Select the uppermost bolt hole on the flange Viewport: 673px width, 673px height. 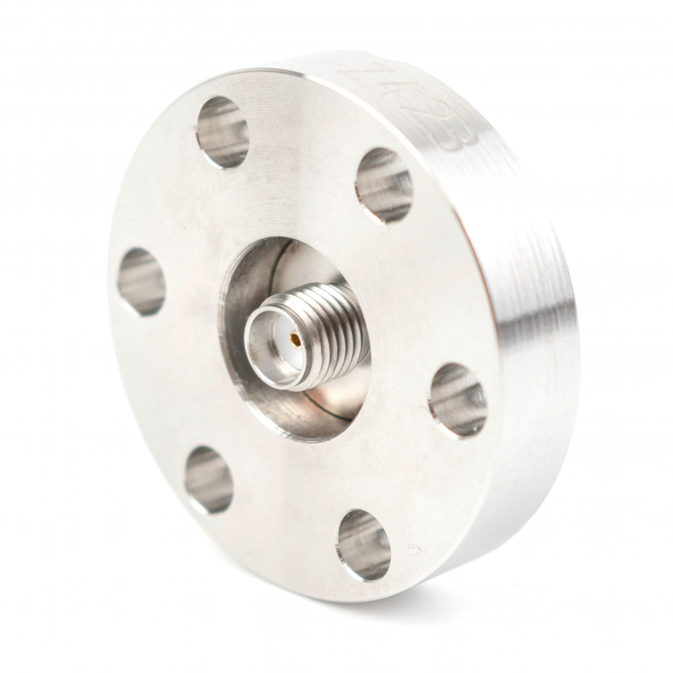click(223, 132)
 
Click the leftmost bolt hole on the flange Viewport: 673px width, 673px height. click(141, 281)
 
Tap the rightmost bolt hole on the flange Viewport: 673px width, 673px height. click(458, 399)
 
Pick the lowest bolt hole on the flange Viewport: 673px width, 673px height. click(363, 544)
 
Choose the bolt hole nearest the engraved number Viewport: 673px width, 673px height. click(384, 184)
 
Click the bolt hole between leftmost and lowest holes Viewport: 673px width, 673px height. click(209, 479)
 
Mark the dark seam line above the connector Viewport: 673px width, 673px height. click(289, 252)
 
